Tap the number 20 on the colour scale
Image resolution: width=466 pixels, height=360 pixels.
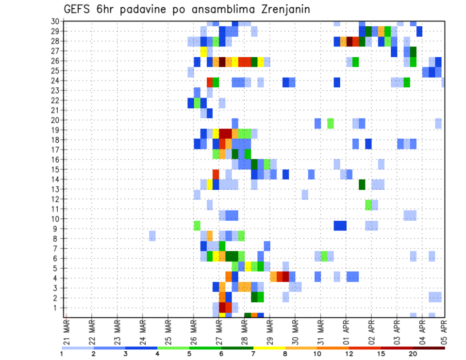pos(413,354)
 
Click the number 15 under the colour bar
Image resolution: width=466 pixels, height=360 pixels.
pos(382,354)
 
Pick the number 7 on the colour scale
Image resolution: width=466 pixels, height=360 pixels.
pos(253,354)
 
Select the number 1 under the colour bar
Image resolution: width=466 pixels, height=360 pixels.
pos(62,354)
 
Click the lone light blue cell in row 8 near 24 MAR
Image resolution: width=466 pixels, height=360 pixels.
pos(152,236)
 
